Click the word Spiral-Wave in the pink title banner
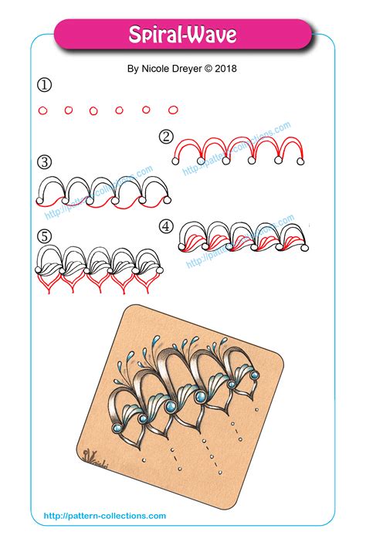(x=182, y=35)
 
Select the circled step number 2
(x=165, y=137)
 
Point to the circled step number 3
(x=44, y=162)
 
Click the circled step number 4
(x=165, y=226)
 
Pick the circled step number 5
(x=44, y=236)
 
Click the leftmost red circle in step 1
(x=42, y=110)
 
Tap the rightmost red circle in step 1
(x=173, y=110)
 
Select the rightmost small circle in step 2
(x=302, y=161)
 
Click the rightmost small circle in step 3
(x=164, y=200)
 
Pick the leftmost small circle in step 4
(x=183, y=247)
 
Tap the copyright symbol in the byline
(x=208, y=68)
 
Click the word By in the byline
(x=133, y=68)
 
